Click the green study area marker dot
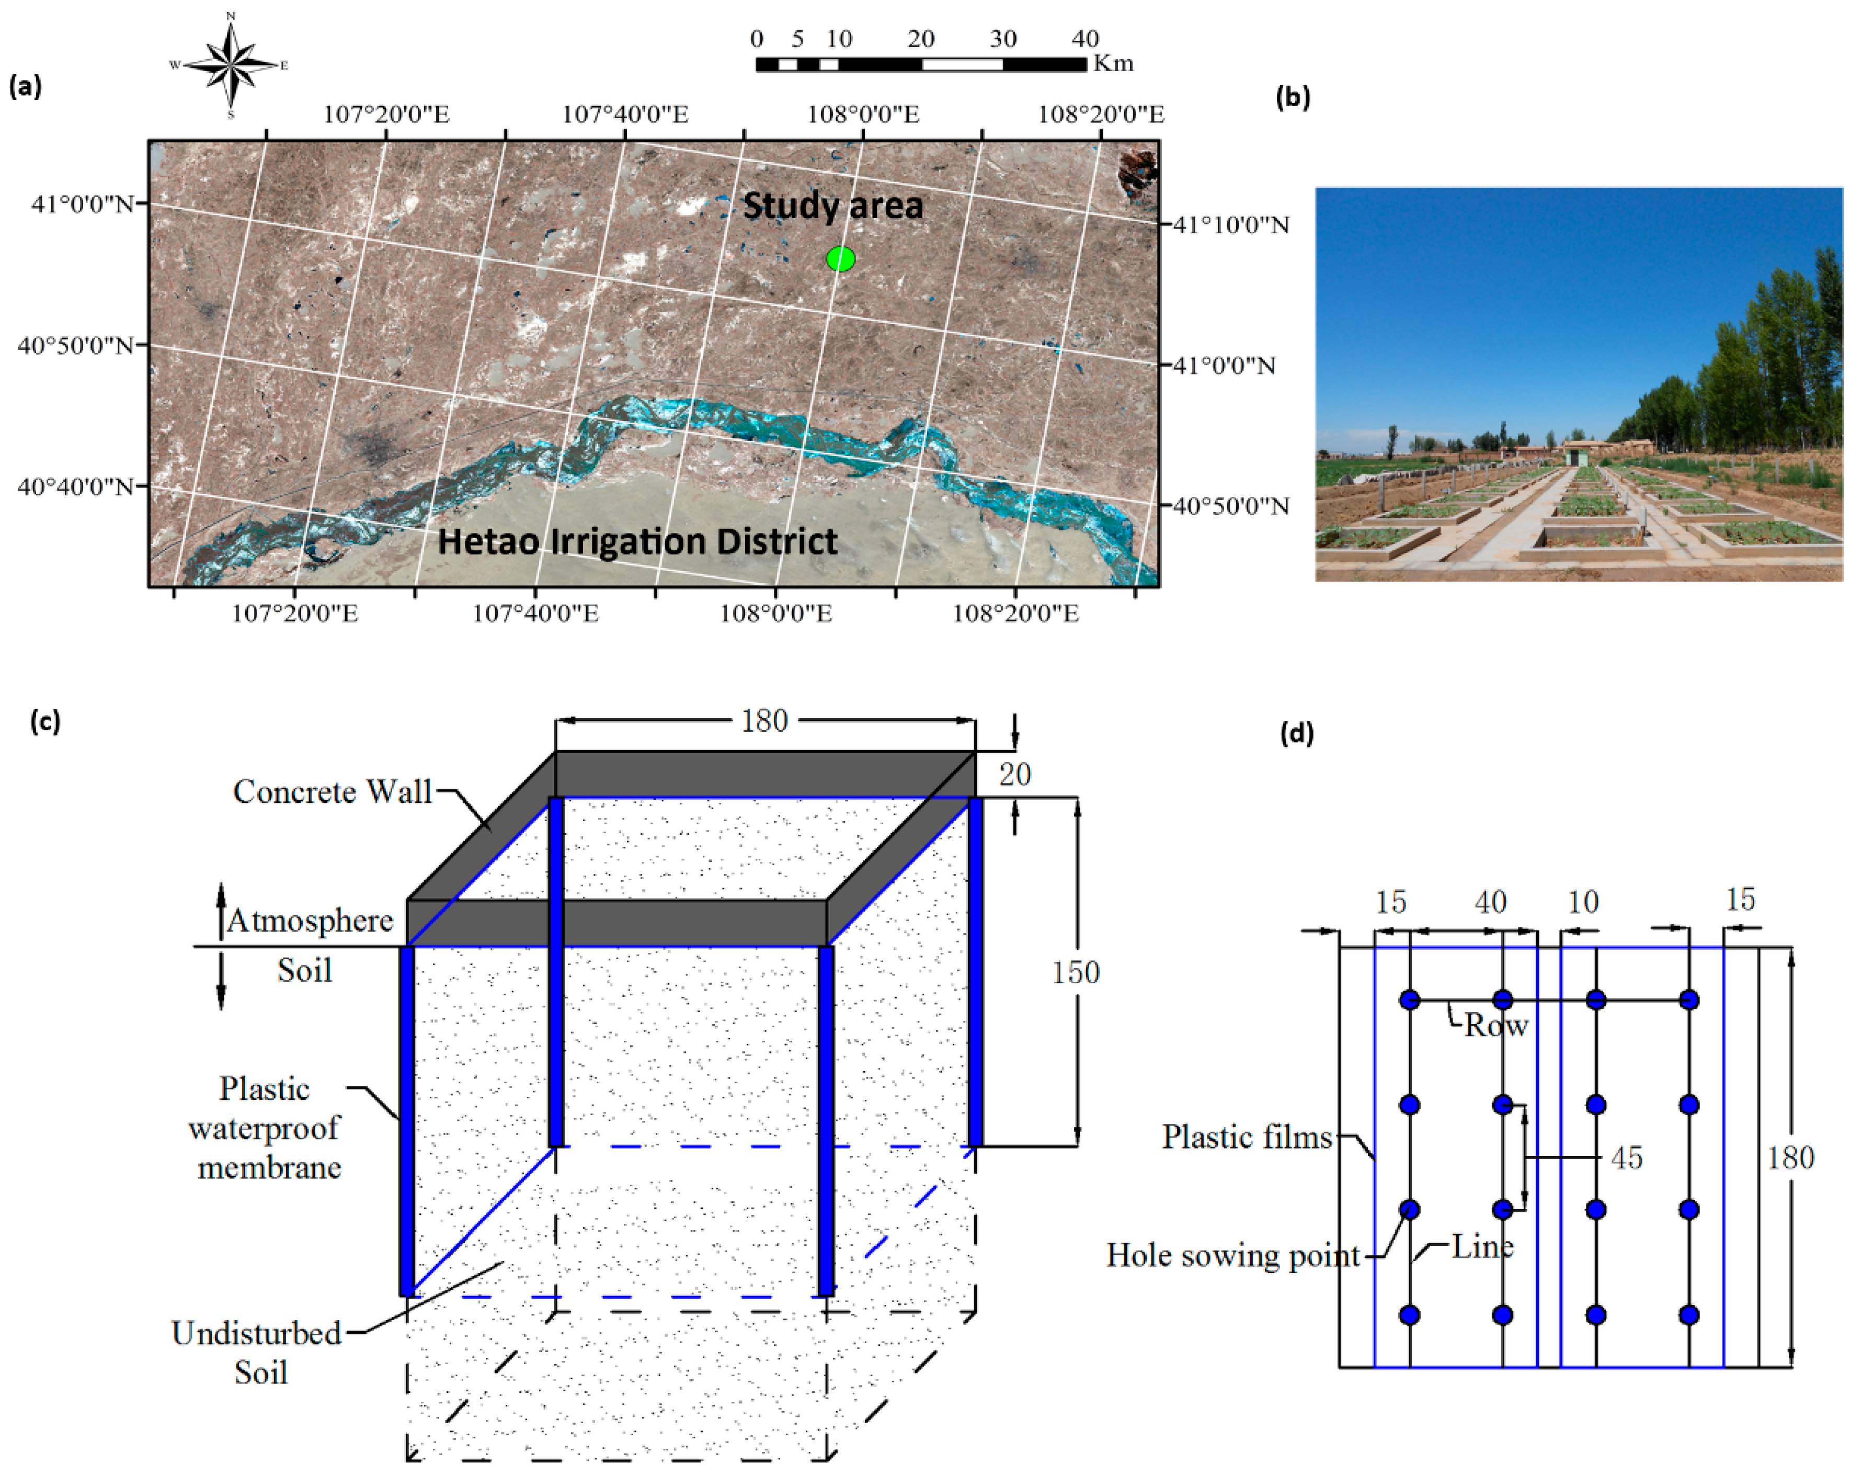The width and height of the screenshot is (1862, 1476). [x=840, y=258]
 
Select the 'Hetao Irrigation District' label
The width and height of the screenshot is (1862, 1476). [x=637, y=541]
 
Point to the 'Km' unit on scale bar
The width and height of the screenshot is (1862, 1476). [x=1113, y=64]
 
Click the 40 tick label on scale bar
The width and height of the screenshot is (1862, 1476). [x=1084, y=39]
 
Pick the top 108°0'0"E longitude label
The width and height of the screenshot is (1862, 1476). [x=863, y=114]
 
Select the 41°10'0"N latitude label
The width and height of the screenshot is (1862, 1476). [x=1231, y=225]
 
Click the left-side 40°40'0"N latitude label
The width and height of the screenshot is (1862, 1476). [x=76, y=487]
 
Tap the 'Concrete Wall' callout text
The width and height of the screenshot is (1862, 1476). [x=333, y=792]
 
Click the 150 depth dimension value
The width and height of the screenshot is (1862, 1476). [x=1075, y=972]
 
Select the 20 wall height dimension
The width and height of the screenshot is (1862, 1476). [x=1015, y=775]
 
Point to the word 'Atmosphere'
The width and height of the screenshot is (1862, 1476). [x=310, y=921]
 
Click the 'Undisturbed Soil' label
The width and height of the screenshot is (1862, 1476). [x=257, y=1353]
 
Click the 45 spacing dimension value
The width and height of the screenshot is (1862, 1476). [x=1626, y=1158]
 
